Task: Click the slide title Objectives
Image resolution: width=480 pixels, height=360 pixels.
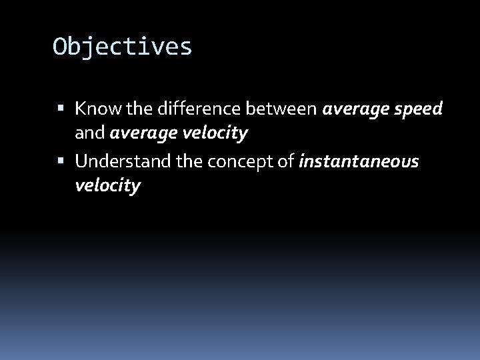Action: pyautogui.click(x=123, y=47)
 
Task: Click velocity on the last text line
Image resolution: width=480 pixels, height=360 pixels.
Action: pyautogui.click(x=107, y=186)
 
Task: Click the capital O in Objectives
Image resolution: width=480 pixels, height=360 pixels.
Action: pyautogui.click(x=61, y=47)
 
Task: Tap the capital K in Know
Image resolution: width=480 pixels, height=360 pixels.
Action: pyautogui.click(x=81, y=108)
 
